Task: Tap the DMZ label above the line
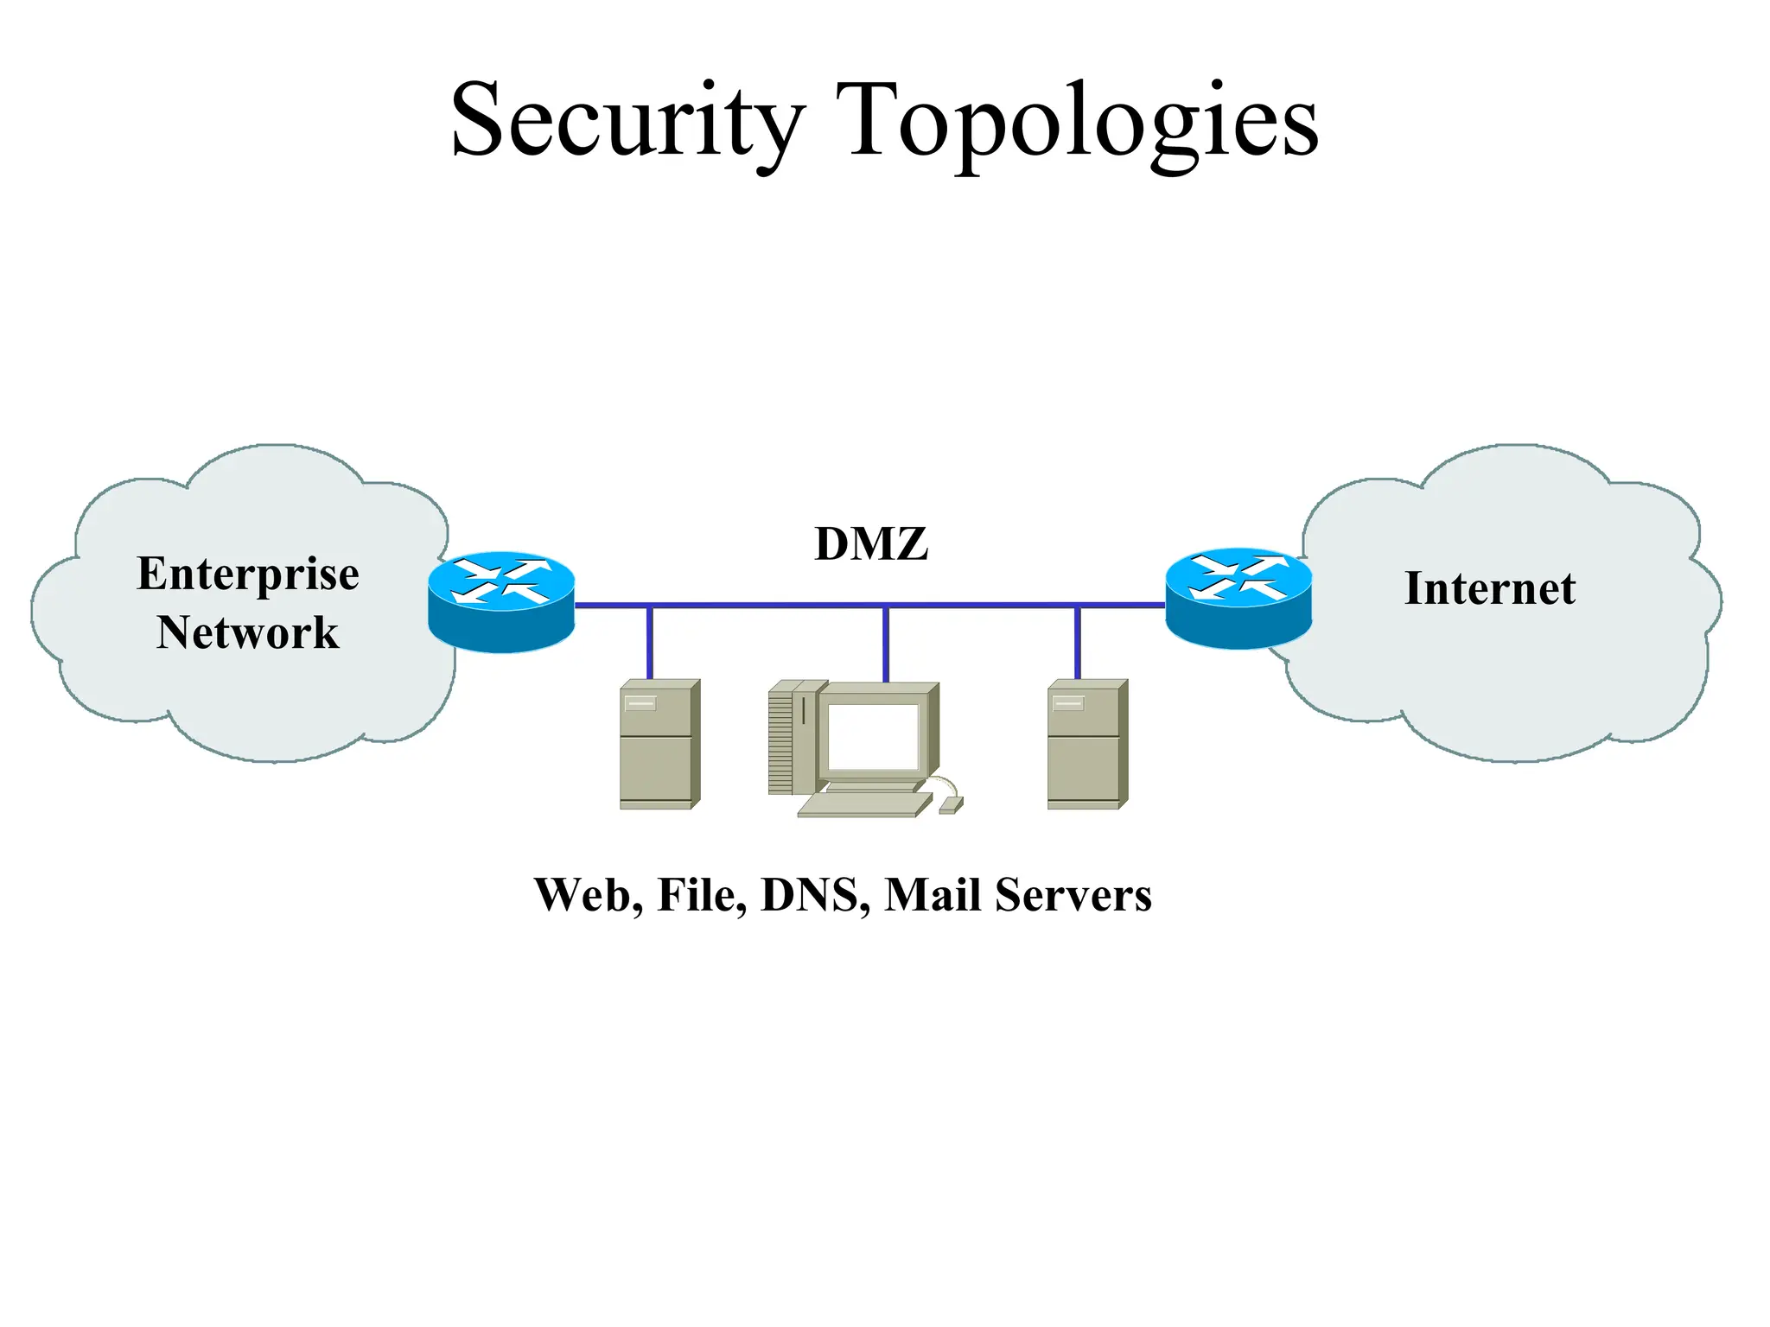pos(871,544)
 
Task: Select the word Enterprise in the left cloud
pos(248,575)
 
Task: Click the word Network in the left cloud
pos(248,632)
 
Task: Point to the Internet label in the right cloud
pos(1490,589)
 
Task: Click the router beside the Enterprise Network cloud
pos(501,600)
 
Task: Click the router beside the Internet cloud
pos(1238,597)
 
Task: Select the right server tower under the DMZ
pos(1086,745)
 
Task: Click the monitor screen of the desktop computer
pos(873,736)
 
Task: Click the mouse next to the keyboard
pos(951,805)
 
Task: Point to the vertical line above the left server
pos(650,643)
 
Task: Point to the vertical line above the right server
pos(1077,643)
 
